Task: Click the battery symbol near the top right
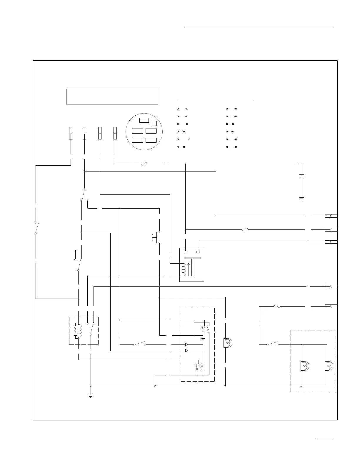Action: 301,177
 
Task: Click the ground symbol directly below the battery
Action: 301,199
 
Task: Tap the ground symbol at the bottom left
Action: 91,396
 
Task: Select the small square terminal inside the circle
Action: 154,123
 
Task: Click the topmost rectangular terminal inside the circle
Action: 144,120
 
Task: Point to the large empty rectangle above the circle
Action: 112,96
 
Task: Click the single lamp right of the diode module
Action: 227,343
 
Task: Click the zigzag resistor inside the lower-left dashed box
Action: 75,331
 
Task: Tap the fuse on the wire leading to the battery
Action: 144,164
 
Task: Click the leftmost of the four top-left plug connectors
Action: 71,133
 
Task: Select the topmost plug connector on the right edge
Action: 331,216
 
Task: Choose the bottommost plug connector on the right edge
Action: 331,306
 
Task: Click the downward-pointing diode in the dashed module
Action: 203,339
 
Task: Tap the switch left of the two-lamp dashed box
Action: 273,343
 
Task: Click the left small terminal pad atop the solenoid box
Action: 186,252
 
